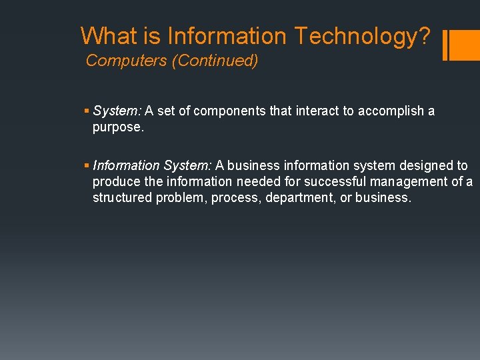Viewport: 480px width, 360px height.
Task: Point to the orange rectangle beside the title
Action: click(462, 45)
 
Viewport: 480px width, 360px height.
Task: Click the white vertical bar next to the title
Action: click(445, 45)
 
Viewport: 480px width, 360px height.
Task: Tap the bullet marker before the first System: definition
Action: click(88, 111)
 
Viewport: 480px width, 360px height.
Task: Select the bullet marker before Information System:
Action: click(88, 165)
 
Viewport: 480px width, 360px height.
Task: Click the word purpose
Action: click(117, 127)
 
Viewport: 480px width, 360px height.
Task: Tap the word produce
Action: click(115, 181)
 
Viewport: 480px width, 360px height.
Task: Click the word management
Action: click(408, 181)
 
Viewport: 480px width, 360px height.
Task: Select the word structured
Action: click(122, 197)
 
